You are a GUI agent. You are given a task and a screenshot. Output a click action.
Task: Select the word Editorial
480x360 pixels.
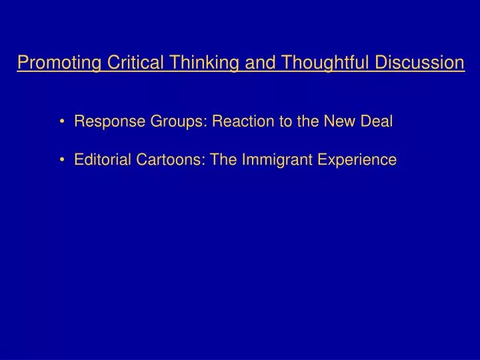coord(101,160)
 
